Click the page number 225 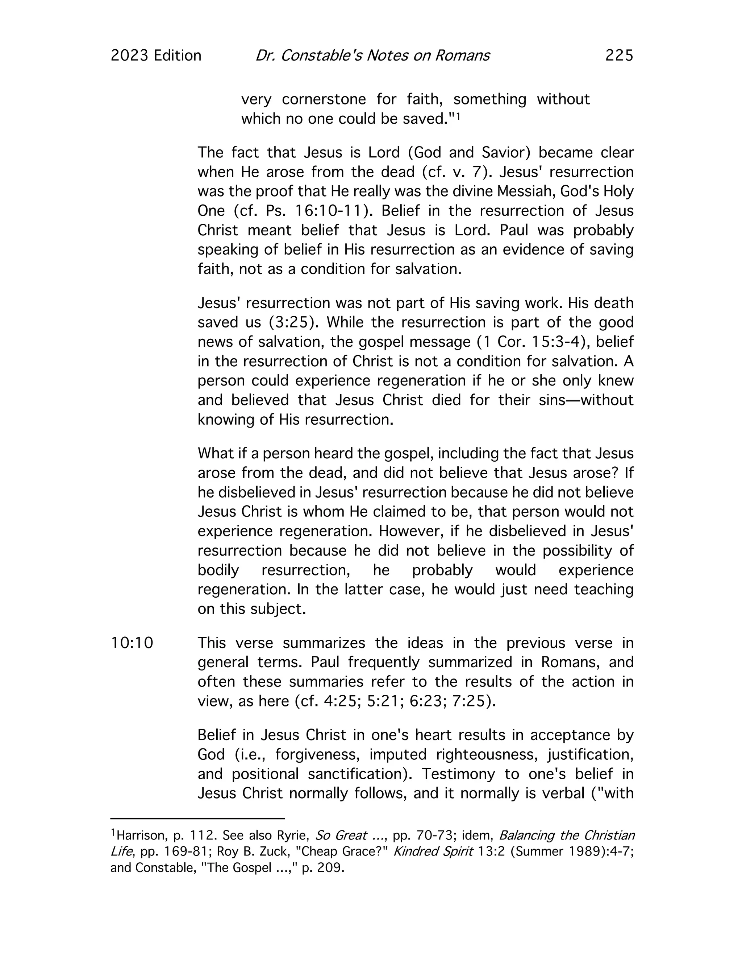pyautogui.click(x=619, y=55)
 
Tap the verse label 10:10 pyautogui.click(x=132, y=643)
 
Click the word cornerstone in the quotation pyautogui.click(x=324, y=99)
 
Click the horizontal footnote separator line pyautogui.click(x=197, y=819)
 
